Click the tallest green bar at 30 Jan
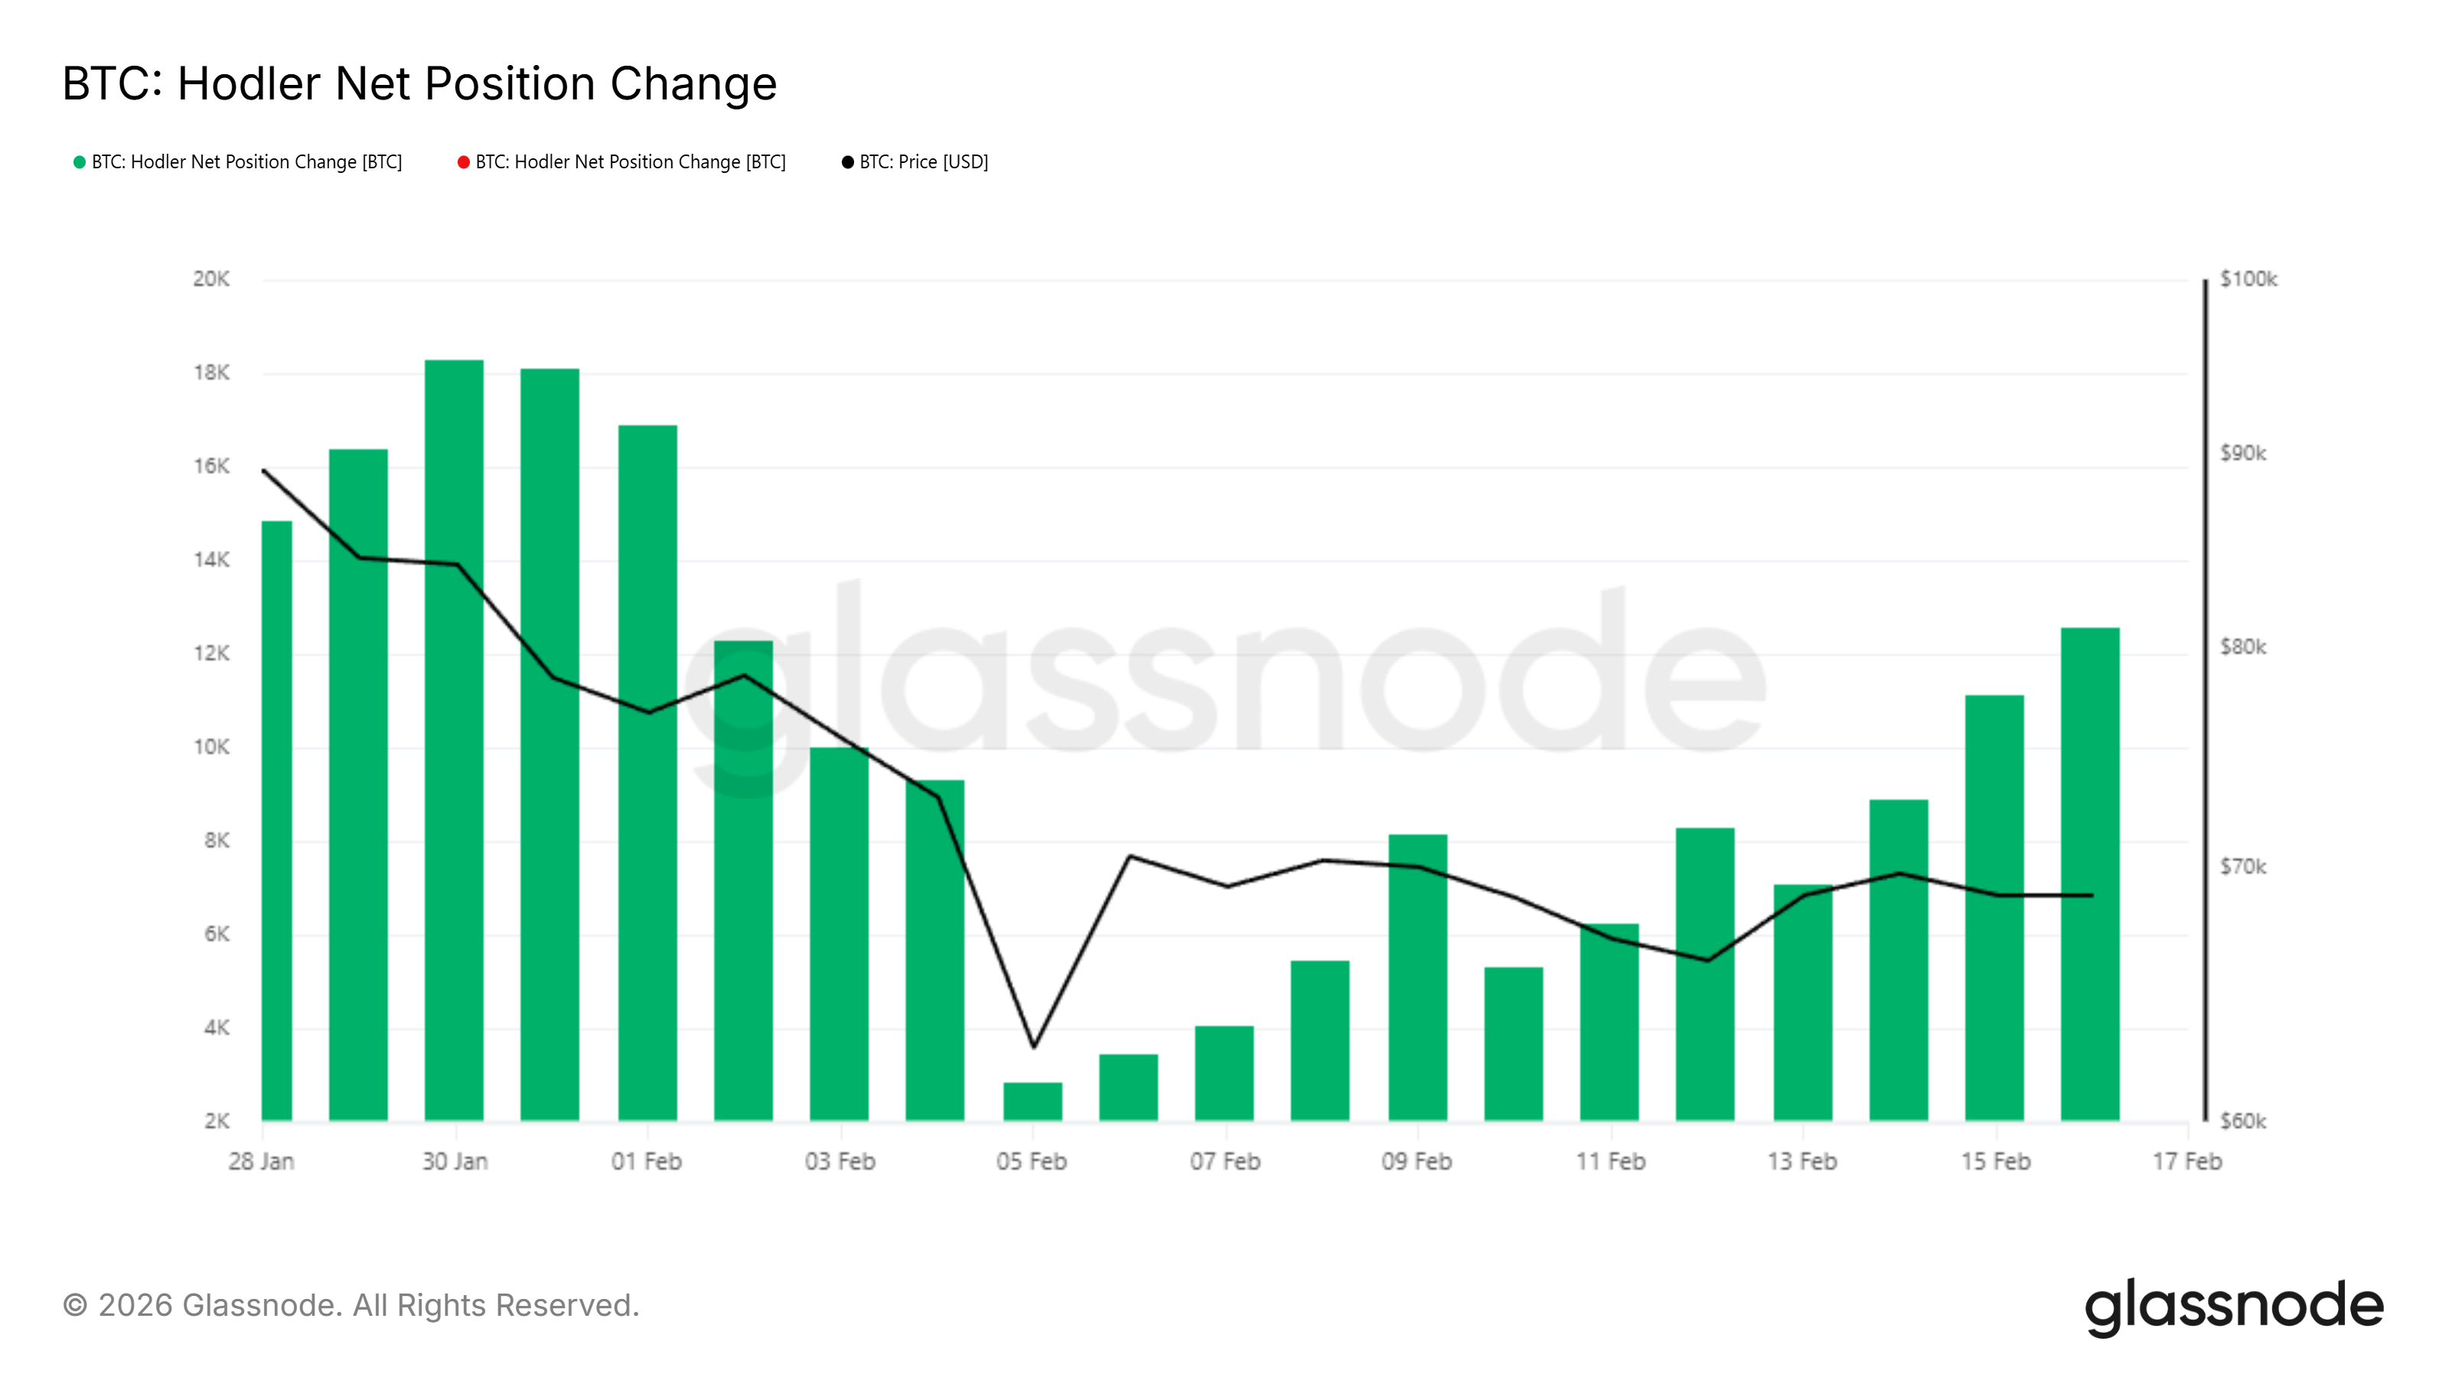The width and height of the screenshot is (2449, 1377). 454,741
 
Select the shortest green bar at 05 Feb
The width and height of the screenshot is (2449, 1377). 1032,1102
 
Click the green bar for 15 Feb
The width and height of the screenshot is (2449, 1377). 1994,907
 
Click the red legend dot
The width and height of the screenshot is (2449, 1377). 463,162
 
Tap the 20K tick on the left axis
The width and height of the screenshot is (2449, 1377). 211,279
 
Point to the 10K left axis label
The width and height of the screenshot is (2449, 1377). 211,747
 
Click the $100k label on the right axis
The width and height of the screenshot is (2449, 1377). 2248,279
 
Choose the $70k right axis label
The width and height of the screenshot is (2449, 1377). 2242,867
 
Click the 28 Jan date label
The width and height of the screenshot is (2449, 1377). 262,1161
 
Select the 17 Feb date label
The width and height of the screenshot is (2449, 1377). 2186,1161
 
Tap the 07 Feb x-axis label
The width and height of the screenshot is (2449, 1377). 1224,1161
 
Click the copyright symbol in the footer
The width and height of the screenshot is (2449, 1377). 75,1306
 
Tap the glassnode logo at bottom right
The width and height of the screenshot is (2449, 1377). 2233,1306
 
